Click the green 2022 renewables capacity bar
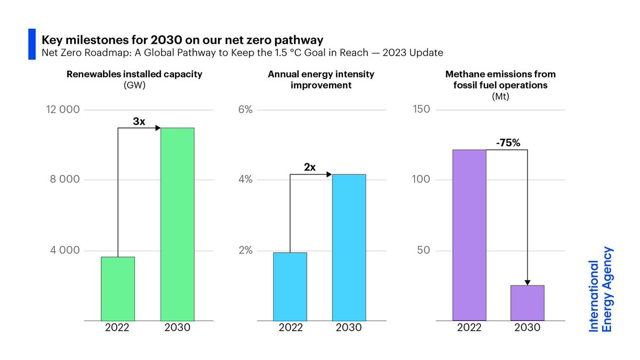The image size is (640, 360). click(x=118, y=289)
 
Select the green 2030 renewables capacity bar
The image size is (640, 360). click(x=177, y=224)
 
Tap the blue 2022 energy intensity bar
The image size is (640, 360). click(x=290, y=286)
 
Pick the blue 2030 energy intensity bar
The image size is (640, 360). click(x=349, y=247)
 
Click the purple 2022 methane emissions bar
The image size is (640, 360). click(x=469, y=235)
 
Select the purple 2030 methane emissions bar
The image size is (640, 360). click(x=527, y=302)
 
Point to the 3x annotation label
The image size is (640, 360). click(x=139, y=122)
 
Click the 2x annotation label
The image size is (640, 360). click(x=310, y=167)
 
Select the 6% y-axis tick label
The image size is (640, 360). click(x=245, y=110)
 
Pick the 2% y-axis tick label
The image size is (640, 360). click(x=245, y=251)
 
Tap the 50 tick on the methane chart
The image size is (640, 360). click(x=423, y=251)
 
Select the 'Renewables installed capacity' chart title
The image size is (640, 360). click(x=134, y=74)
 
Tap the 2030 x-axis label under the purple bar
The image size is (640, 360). click(x=527, y=327)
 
